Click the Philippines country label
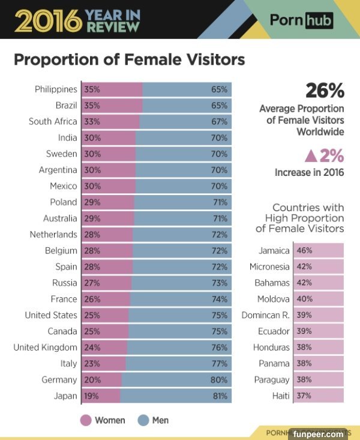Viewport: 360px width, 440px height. click(56, 89)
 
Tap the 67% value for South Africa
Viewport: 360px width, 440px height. click(219, 122)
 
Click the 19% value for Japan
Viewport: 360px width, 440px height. click(92, 396)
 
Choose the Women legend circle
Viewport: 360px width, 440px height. click(86, 420)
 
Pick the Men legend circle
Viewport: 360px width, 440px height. click(143, 420)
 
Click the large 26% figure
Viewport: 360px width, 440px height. click(325, 91)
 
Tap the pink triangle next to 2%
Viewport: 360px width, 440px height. click(310, 156)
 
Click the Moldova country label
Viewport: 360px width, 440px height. click(273, 299)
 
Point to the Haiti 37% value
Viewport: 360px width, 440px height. click(304, 396)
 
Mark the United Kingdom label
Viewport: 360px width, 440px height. click(45, 348)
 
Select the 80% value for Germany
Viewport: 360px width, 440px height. click(219, 380)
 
